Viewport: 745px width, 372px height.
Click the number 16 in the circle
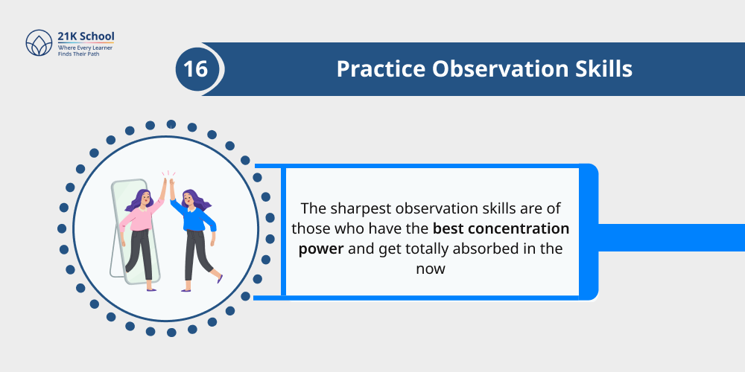click(196, 69)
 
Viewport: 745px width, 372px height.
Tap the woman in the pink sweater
click(142, 231)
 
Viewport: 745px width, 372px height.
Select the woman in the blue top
click(195, 231)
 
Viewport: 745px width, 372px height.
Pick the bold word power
click(320, 248)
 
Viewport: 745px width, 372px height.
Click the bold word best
click(448, 228)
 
